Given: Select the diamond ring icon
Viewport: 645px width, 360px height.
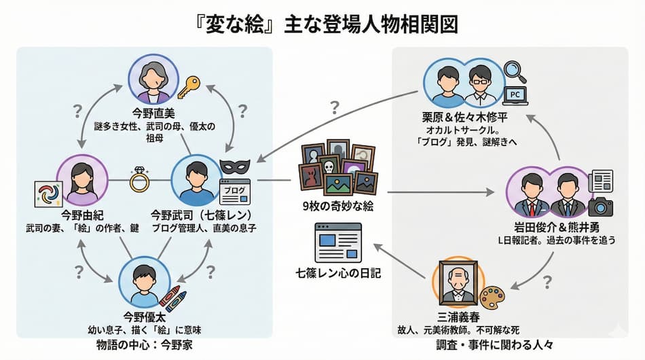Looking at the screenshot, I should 140,179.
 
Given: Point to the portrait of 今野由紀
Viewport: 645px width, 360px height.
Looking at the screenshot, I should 82,180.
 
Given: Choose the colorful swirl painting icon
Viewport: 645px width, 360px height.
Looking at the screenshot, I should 48,195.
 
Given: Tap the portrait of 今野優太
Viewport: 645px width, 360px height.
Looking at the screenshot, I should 143,285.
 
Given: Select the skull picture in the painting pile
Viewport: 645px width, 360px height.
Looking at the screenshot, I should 331,166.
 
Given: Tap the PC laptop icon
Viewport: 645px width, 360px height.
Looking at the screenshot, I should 514,94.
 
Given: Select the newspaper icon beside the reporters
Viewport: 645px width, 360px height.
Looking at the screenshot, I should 600,181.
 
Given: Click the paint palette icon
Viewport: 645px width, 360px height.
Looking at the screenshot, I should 492,298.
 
